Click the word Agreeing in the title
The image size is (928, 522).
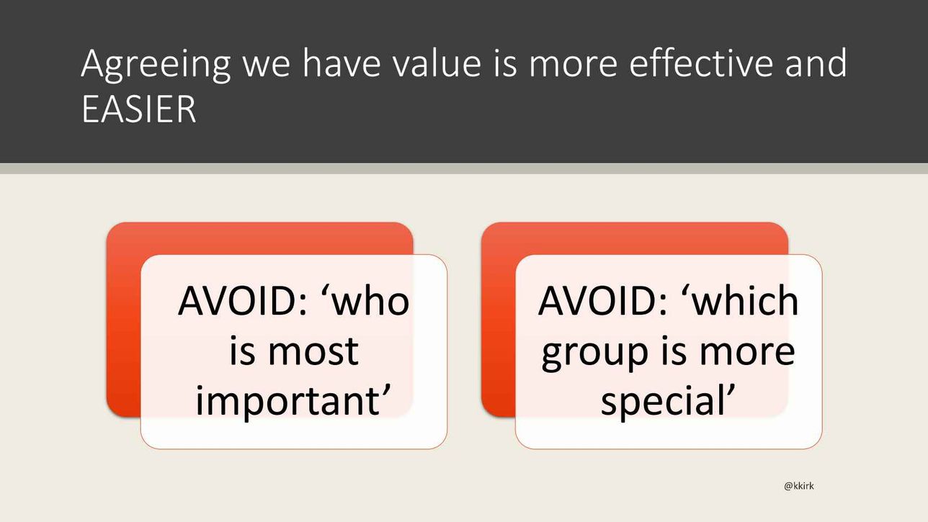coord(156,65)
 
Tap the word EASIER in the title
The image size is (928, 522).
coord(139,109)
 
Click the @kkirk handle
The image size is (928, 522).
coord(799,485)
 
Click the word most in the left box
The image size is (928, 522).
coord(313,353)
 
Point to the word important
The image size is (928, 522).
coord(293,402)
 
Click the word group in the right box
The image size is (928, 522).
coord(594,355)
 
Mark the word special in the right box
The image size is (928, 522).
coord(667,402)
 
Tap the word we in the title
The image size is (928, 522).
coord(267,67)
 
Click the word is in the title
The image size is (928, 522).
coord(505,64)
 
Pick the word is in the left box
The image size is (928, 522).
coord(242,351)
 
